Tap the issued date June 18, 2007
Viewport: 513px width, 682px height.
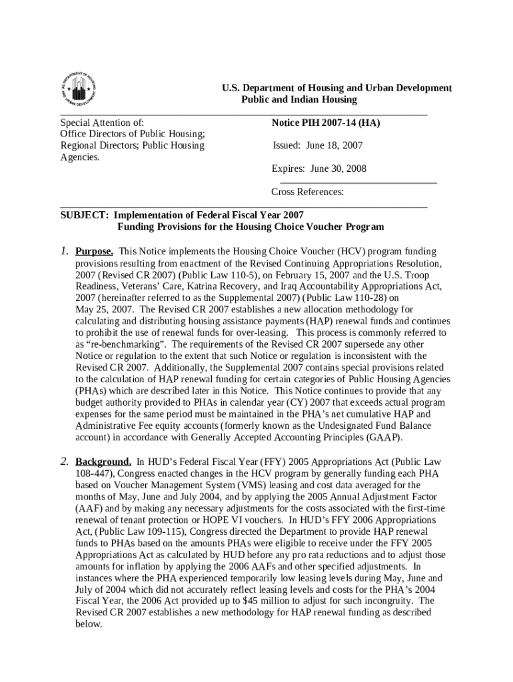pyautogui.click(x=318, y=145)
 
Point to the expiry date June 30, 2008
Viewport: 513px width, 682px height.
pyautogui.click(x=319, y=169)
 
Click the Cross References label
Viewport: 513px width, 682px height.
pyautogui.click(x=307, y=192)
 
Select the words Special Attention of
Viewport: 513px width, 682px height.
pyautogui.click(x=103, y=123)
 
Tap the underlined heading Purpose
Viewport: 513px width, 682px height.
pyautogui.click(x=94, y=252)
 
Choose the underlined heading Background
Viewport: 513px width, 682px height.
pyautogui.click(x=103, y=462)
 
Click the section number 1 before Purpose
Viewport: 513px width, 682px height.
pyautogui.click(x=64, y=252)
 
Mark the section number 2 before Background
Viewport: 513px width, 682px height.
pyautogui.click(x=64, y=462)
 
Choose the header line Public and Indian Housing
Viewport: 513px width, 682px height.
pyautogui.click(x=298, y=99)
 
